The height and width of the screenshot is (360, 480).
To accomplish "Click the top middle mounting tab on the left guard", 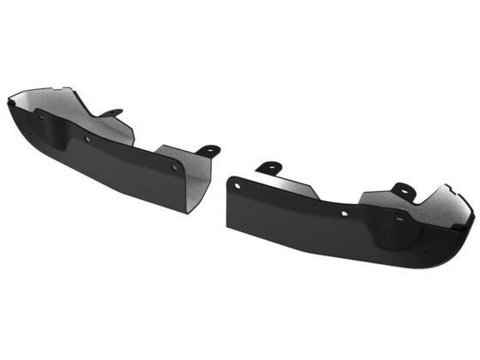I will point(111,113).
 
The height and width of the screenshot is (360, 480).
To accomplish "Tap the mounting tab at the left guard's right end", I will point(208,151).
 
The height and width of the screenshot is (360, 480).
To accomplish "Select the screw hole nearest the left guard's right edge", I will point(174,168).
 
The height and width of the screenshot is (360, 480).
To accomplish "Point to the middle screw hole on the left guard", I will point(87,139).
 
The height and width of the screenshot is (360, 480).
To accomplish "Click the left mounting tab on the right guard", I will point(268,165).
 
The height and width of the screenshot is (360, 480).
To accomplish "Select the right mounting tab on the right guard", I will point(403,191).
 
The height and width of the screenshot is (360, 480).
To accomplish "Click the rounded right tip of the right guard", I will point(471,225).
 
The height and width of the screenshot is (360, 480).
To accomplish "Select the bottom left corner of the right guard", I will point(228,226).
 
